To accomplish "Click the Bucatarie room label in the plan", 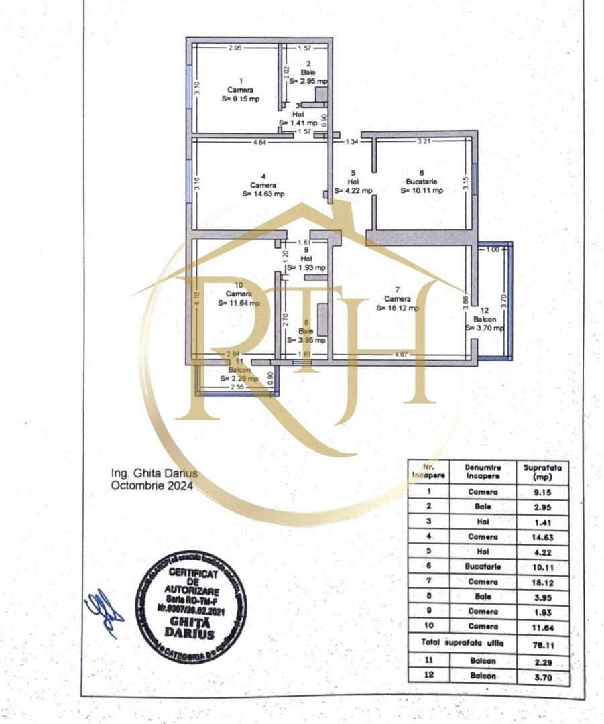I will coord(422,181).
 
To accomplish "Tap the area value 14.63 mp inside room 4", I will coord(263,194).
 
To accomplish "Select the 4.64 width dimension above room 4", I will coord(259,142).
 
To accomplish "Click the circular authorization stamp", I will coord(191,607).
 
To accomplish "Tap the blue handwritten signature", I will coord(103,612).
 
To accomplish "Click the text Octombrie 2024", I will coord(152,487).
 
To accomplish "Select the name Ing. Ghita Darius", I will coord(154,473).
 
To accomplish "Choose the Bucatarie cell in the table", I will coord(483,566).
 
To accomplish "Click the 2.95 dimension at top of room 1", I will coord(235,48).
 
